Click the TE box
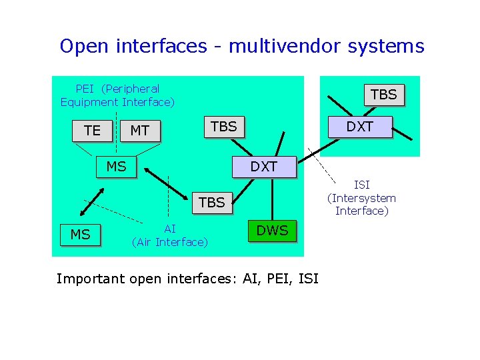[93, 131]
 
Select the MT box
[139, 131]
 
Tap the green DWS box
[273, 231]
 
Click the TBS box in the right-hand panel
[383, 95]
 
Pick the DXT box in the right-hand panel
[360, 127]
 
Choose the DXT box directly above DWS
[263, 167]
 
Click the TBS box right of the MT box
[223, 127]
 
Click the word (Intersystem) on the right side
[361, 198]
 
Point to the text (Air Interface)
[170, 242]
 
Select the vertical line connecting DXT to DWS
[272, 200]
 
